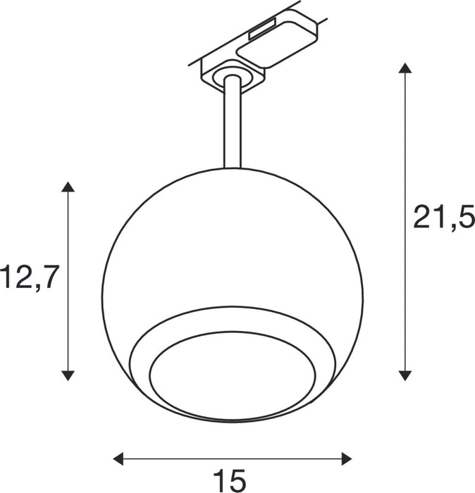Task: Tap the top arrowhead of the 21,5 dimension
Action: coord(405,68)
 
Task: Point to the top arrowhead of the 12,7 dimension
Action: coord(68,187)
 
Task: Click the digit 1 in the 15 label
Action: coord(221,481)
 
